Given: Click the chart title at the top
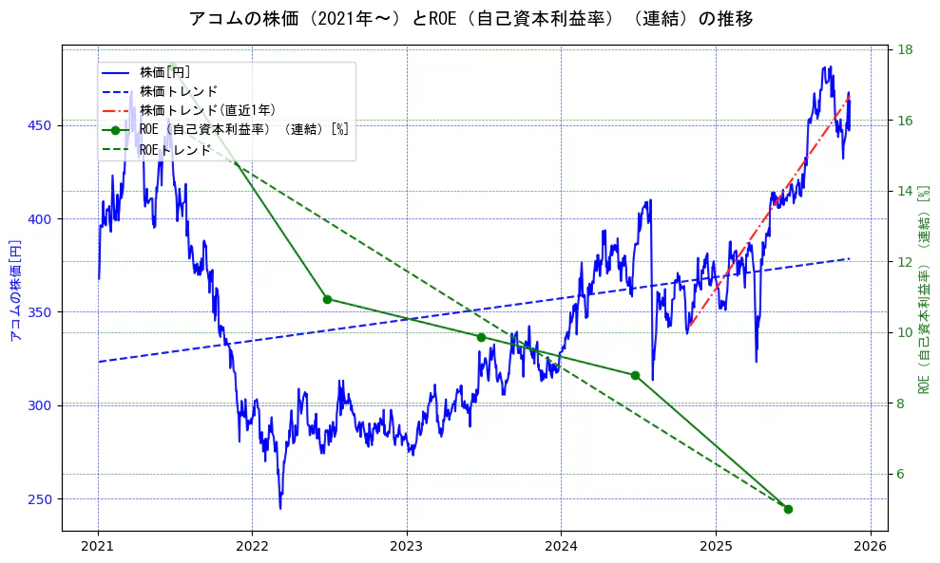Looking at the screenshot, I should (470, 19).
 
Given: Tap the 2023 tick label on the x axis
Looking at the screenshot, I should (407, 546).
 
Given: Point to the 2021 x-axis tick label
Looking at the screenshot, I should (98, 546).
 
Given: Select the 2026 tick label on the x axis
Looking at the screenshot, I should (871, 546).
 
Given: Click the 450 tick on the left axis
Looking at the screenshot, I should (44, 125).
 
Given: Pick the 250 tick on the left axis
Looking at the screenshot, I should (44, 499).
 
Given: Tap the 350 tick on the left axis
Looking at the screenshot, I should (44, 312).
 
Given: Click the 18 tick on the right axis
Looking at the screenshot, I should (906, 50).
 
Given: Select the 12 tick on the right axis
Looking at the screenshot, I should (906, 262).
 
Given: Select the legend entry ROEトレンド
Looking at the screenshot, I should (175, 149).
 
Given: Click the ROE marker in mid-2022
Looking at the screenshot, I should (327, 299).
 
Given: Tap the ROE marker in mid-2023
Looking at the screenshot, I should (481, 337).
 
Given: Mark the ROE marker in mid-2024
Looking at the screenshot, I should (635, 375).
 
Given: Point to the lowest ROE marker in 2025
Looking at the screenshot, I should (788, 509).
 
